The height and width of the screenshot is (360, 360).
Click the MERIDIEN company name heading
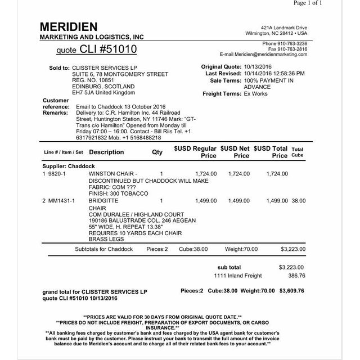69,27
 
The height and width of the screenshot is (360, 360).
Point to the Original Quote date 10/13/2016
258,67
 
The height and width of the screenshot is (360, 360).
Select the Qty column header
157,152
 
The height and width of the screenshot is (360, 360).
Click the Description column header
106,152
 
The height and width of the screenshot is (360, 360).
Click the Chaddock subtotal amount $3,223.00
292,248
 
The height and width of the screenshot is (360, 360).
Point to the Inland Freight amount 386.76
296,276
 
